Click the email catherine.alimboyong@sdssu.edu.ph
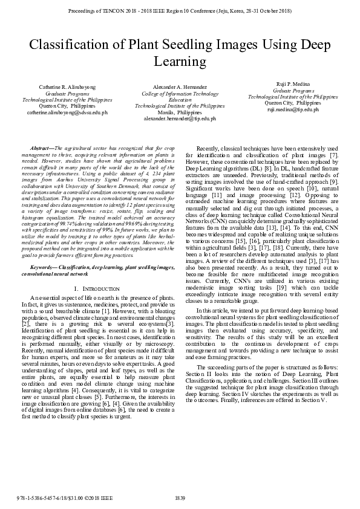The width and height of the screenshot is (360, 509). (x=67, y=112)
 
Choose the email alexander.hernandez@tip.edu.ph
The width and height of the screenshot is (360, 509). (x=180, y=118)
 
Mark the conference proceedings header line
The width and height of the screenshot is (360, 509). (x=180, y=11)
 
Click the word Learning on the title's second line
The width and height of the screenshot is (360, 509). (x=180, y=61)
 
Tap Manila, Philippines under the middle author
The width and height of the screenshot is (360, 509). (x=180, y=112)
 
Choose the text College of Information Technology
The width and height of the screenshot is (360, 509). (x=180, y=94)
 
